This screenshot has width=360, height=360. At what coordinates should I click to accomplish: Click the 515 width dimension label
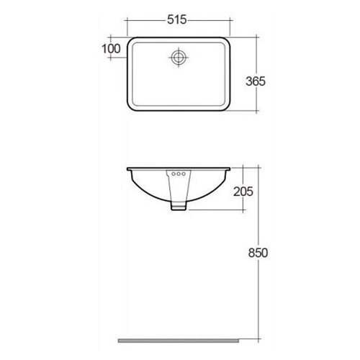178,20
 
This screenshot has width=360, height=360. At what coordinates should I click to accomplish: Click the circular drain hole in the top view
179,58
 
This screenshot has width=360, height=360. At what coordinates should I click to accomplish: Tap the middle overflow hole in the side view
179,174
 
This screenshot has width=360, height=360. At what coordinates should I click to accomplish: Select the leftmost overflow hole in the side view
173,174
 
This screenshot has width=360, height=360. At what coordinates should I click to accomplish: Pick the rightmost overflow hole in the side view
184,174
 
